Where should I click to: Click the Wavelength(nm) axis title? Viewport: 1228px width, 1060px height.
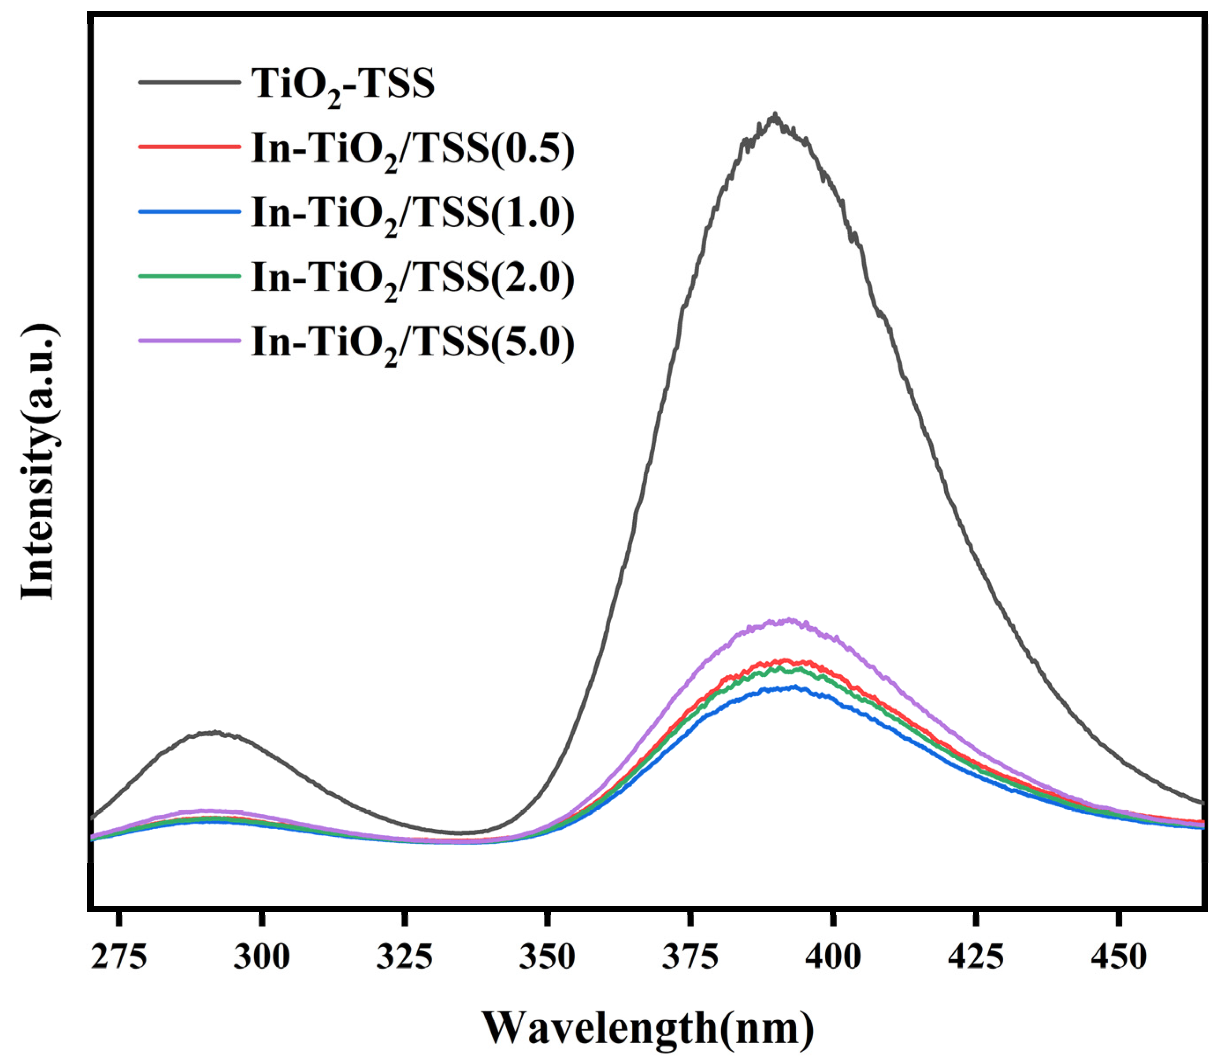[x=647, y=1029]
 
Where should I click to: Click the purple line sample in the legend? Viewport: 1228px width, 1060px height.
[x=189, y=341]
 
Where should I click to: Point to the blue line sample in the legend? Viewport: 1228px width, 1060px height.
[x=189, y=211]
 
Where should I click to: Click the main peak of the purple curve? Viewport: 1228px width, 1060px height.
[x=789, y=620]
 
